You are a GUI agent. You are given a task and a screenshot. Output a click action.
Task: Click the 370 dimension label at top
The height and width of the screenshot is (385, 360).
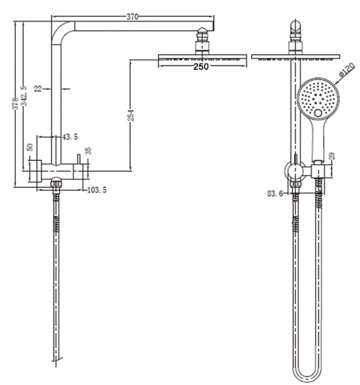(132, 17)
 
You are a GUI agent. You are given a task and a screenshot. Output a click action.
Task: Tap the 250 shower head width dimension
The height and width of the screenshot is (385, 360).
(201, 67)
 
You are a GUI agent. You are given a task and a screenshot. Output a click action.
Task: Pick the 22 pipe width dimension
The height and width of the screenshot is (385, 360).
(37, 87)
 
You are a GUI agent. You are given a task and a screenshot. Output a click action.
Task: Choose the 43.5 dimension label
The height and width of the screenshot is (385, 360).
(70, 136)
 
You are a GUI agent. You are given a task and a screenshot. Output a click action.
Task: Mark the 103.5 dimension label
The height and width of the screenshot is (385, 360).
(97, 190)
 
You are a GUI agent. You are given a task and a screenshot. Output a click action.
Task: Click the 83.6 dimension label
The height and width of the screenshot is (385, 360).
(275, 193)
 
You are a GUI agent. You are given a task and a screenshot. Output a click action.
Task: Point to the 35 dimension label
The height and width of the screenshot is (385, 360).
(88, 151)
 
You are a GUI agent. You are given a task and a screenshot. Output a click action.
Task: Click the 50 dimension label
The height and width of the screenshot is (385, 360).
(31, 147)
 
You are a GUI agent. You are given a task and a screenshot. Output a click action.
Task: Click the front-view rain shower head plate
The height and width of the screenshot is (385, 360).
(296, 57)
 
